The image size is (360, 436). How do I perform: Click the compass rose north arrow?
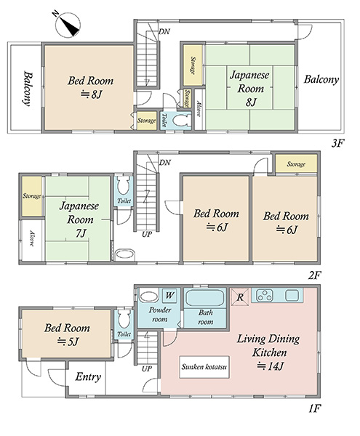[68, 25]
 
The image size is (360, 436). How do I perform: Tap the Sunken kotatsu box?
[204, 367]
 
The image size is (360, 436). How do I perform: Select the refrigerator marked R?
[240, 297]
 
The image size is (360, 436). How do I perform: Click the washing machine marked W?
[169, 295]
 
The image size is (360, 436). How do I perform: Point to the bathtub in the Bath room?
[205, 298]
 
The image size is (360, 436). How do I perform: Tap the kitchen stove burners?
[265, 295]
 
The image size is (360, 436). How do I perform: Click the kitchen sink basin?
[292, 295]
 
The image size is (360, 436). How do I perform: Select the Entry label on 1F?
[88, 377]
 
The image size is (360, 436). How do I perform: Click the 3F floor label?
[337, 143]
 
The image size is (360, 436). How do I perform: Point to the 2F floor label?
[315, 275]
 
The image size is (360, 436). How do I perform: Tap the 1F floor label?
[315, 408]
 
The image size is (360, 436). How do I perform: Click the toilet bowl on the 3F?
[180, 121]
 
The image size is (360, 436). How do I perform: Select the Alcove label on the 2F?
[32, 238]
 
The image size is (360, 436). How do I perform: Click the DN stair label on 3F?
[164, 31]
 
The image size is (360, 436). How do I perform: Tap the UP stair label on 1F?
[147, 369]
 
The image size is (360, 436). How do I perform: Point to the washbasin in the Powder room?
[149, 296]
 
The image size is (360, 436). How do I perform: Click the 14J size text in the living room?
[270, 366]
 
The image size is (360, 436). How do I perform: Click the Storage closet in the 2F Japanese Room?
[32, 196]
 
